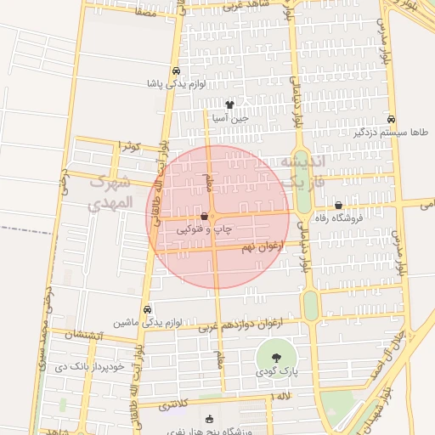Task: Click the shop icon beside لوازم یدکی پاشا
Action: pos(176,71)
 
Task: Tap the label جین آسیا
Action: pos(229,119)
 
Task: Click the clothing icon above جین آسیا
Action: pos(229,105)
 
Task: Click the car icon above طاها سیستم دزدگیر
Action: pos(391,120)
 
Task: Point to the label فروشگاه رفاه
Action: pos(337,217)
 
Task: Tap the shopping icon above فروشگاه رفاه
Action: pos(338,205)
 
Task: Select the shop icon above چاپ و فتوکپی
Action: pos(204,217)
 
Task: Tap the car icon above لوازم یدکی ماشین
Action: pos(149,310)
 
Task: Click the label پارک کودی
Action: pos(277,372)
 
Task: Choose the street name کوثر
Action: pos(129,146)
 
